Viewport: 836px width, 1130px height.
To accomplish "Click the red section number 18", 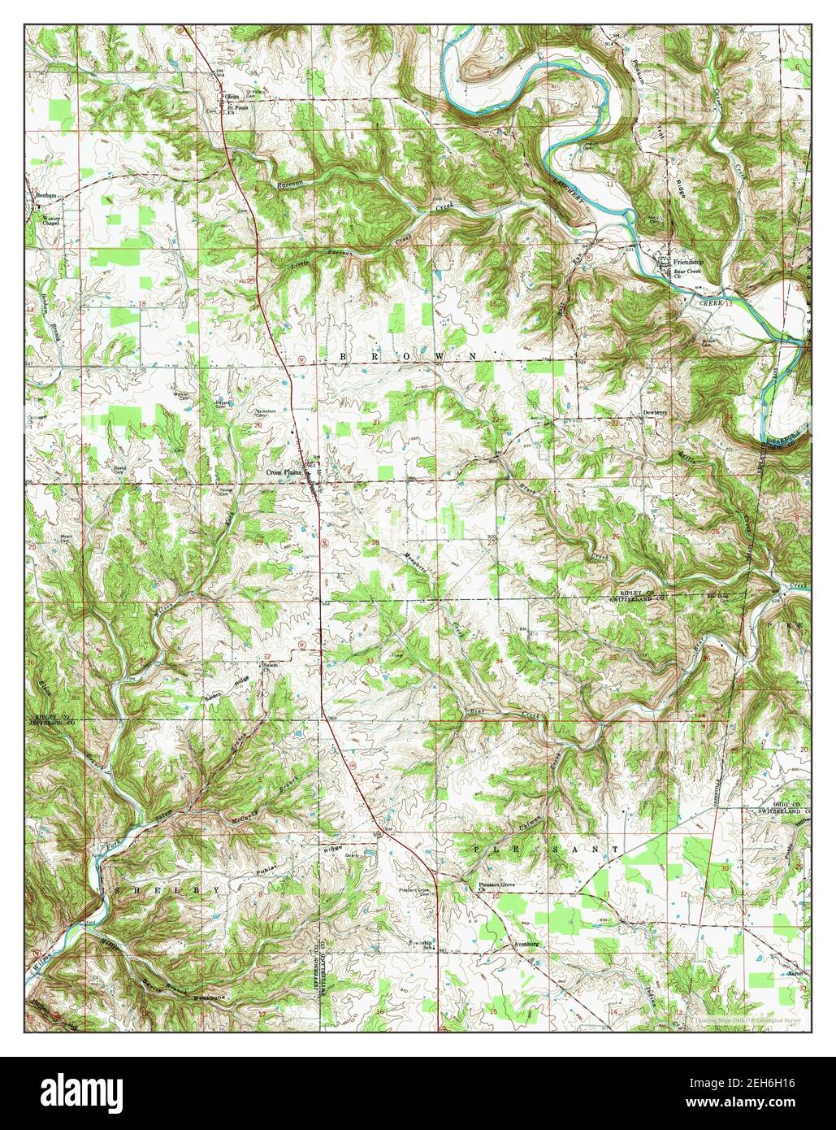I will tap(142, 303).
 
